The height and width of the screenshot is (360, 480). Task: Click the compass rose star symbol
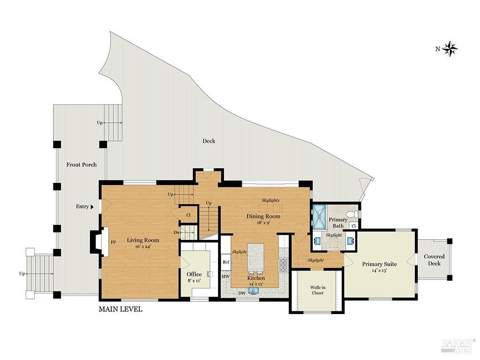coord(450,48)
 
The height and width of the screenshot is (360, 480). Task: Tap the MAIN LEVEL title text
coord(120,309)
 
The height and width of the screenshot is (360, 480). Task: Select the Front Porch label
coord(82,165)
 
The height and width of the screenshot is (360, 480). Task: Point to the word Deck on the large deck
coord(209,141)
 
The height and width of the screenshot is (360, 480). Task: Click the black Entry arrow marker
coord(92,207)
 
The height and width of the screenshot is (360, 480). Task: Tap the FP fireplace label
coord(113,242)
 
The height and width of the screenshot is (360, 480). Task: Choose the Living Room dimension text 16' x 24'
coord(143,247)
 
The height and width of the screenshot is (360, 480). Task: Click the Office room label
coord(194,274)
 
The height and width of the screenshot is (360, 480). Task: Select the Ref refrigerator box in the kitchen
coord(226,262)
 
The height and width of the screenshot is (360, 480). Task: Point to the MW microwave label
coord(225,277)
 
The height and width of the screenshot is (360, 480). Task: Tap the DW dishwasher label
coord(242,293)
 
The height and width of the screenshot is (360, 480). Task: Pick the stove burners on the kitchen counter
coord(283,266)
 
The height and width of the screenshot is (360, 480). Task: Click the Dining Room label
coord(263,216)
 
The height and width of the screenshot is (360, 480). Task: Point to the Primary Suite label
coord(379,264)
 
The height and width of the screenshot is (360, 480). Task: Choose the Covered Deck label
coord(434,260)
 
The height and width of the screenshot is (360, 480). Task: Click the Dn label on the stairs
coord(176,232)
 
